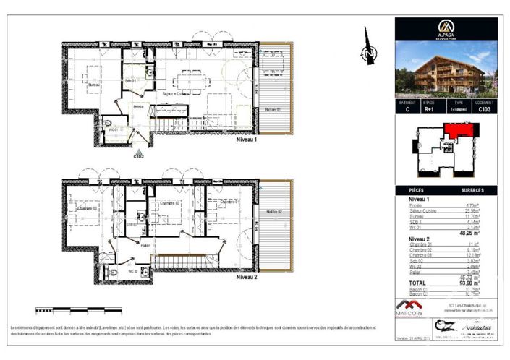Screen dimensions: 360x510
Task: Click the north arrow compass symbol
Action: pos(369,53)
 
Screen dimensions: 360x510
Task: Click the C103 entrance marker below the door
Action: pos(138,155)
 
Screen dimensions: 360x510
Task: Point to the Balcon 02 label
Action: pos(273,211)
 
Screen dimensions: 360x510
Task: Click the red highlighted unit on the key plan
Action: pos(457,130)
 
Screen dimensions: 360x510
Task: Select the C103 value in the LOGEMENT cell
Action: pos(485,110)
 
